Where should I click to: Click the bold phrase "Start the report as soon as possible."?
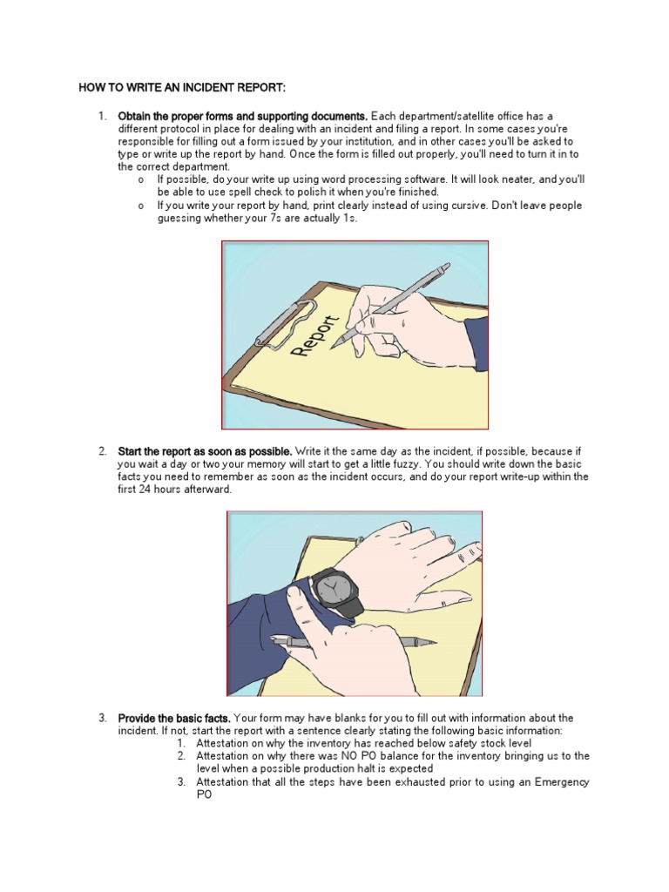click(x=205, y=451)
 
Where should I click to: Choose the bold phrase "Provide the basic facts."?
click(x=173, y=718)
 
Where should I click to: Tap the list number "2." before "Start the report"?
click(x=102, y=451)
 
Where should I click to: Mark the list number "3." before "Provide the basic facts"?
click(x=102, y=718)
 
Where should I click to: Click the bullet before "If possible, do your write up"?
click(x=140, y=179)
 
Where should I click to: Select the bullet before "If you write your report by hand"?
click(x=140, y=206)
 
